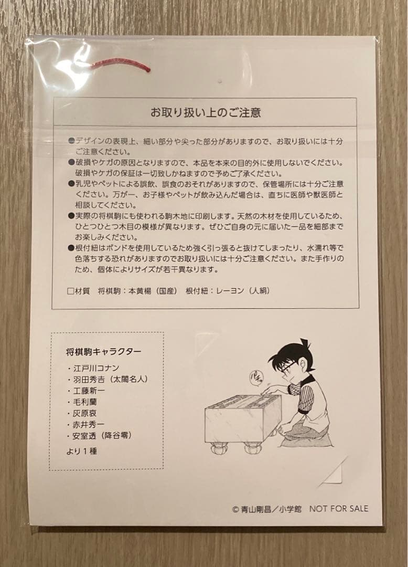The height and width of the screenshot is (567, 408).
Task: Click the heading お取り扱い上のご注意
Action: (x=206, y=112)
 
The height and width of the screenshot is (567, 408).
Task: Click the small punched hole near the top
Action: (x=219, y=81)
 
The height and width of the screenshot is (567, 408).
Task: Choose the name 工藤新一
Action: (x=89, y=391)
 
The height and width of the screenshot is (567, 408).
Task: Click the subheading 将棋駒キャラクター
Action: (x=103, y=351)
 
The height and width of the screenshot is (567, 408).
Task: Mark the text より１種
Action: (x=81, y=450)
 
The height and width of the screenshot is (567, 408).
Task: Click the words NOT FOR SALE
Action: (x=339, y=508)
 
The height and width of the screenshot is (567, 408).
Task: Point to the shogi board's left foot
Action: (x=219, y=449)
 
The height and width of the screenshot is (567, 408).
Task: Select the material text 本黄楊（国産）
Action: (x=153, y=290)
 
